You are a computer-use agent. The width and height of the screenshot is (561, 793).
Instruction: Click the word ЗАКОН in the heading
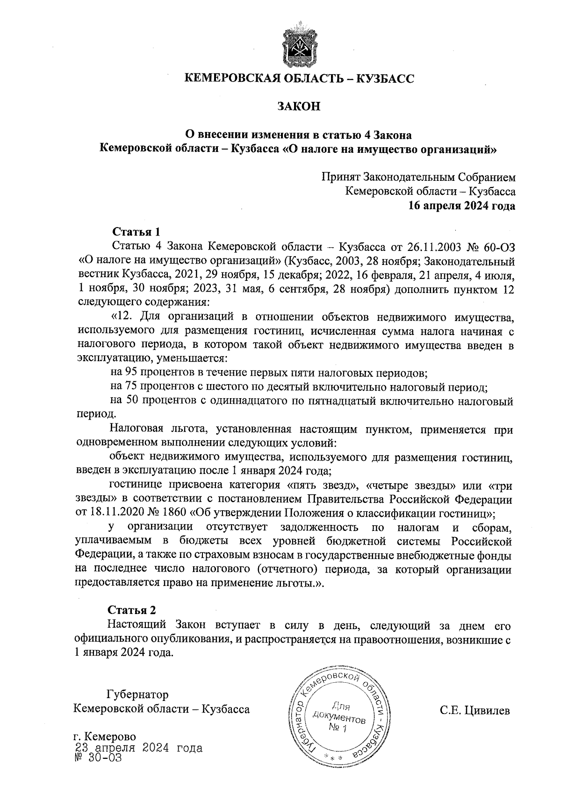point(299,107)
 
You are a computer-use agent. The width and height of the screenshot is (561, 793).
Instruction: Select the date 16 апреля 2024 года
point(462,205)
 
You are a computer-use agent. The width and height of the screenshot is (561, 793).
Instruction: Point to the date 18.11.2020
point(115,513)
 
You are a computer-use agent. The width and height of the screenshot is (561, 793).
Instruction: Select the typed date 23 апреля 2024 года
point(138,748)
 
